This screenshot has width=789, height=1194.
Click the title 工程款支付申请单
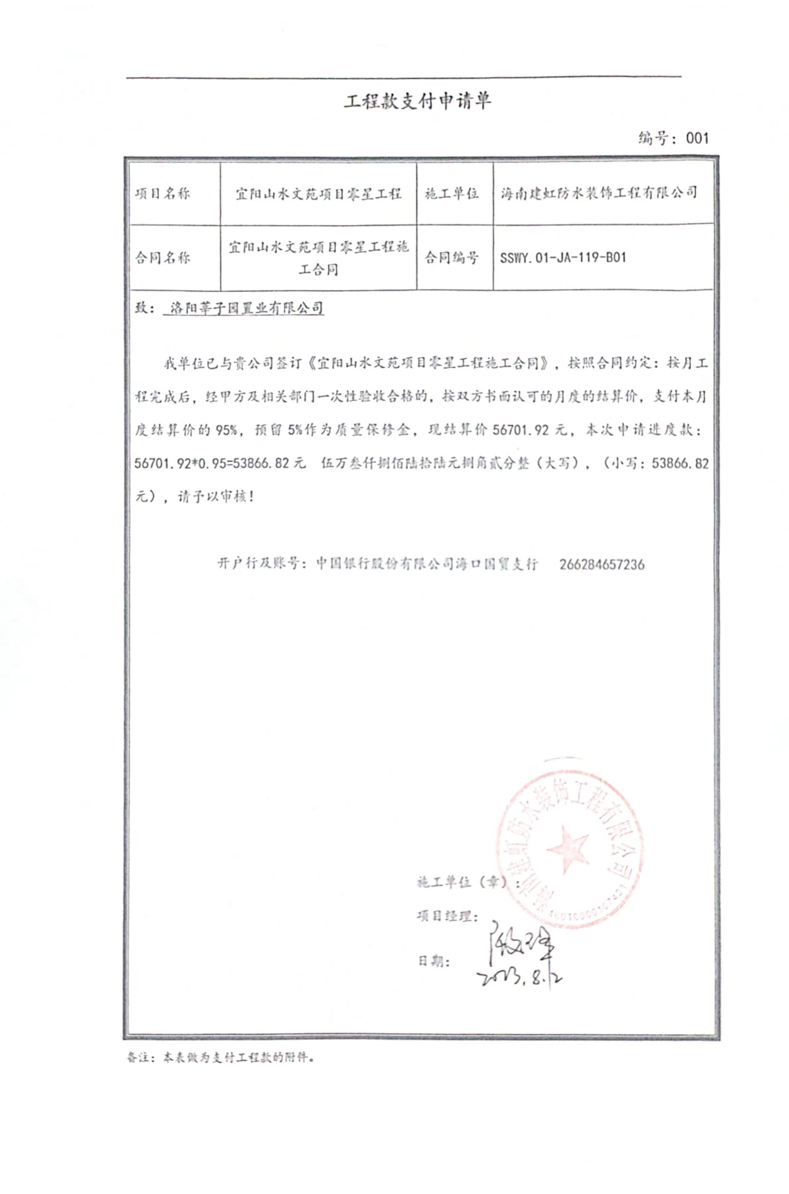tap(417, 102)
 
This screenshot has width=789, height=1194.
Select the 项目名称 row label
tap(162, 193)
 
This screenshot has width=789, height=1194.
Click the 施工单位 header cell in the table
tap(452, 193)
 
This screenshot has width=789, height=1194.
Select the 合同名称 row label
tap(162, 258)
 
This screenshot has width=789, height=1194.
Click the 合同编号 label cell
tap(452, 258)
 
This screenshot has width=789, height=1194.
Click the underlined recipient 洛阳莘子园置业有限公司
tap(246, 308)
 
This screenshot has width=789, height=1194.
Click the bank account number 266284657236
tap(601, 564)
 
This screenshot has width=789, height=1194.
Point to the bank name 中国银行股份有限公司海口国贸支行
tap(427, 564)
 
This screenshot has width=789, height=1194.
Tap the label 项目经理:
tap(447, 915)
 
